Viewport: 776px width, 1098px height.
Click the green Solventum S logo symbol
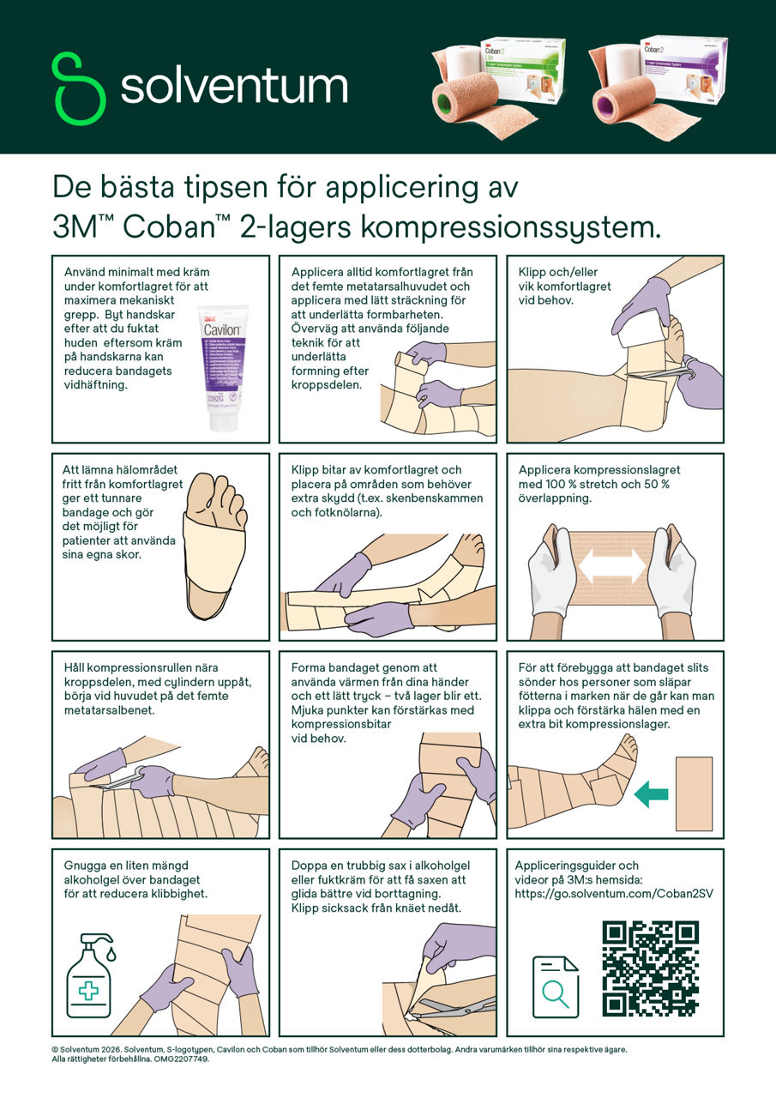(x=80, y=88)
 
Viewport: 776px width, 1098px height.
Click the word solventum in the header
(x=234, y=87)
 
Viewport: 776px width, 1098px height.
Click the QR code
(x=650, y=968)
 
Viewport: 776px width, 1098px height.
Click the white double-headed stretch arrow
(x=612, y=567)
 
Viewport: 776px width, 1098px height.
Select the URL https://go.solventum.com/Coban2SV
(x=614, y=893)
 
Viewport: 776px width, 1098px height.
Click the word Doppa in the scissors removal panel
(x=310, y=866)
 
